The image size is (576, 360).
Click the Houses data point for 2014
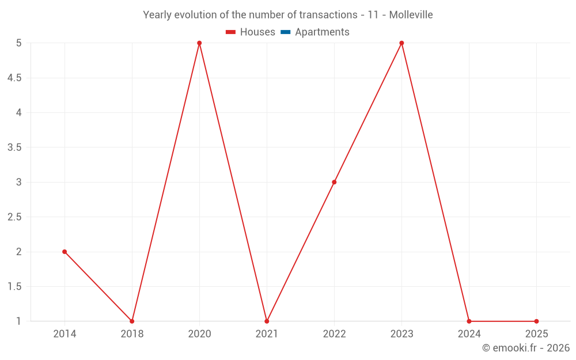point(65,252)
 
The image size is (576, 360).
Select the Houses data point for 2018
point(132,321)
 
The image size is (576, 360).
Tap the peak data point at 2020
point(199,43)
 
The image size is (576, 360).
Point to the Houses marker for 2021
point(267,321)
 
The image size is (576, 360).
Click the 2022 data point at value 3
point(334,182)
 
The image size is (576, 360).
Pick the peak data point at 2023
point(401,43)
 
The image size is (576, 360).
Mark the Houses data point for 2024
point(469,321)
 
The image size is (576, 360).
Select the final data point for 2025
point(536,321)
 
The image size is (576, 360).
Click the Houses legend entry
point(251,32)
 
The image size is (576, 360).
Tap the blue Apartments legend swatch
point(286,32)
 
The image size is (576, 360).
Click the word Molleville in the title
point(411,15)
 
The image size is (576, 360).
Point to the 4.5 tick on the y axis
point(14,78)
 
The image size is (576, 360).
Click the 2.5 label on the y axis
point(14,217)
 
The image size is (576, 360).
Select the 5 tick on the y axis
point(19,43)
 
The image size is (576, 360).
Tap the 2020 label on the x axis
point(199,334)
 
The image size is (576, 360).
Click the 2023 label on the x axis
point(401,334)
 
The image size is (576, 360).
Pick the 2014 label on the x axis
point(65,334)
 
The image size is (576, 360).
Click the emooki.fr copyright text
point(526,348)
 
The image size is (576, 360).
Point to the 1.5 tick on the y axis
point(14,287)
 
